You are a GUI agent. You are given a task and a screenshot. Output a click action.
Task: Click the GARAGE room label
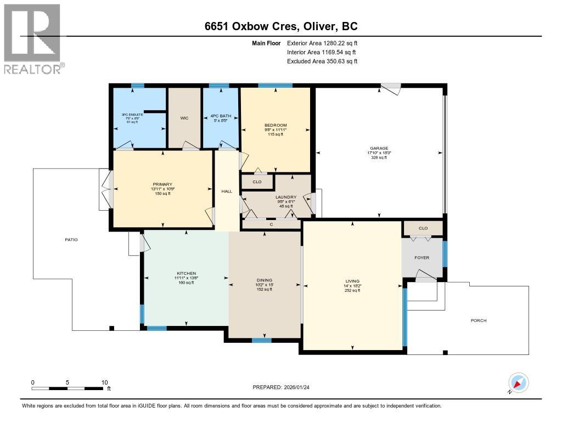point(379,148)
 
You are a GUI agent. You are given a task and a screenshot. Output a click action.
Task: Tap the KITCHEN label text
point(186,273)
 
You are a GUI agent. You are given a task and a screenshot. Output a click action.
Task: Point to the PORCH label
point(479,320)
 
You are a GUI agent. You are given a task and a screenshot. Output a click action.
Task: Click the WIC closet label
point(184,118)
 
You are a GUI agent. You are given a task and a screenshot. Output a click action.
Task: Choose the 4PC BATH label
point(221,116)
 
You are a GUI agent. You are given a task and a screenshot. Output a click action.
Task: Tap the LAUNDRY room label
point(286,197)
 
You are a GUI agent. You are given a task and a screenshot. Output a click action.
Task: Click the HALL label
point(227,191)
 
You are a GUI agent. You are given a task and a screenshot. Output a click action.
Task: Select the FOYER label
point(421,257)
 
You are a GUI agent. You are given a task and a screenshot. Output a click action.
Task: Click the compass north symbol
point(519,383)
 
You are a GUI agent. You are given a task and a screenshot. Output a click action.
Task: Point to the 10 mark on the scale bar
point(104,382)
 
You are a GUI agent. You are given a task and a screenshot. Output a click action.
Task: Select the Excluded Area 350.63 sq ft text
point(322,61)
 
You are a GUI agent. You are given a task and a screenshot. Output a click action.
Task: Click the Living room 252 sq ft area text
point(352,290)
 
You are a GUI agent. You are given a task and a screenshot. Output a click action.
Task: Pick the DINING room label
point(264,280)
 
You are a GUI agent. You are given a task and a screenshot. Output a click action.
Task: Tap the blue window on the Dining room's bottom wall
point(262,340)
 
